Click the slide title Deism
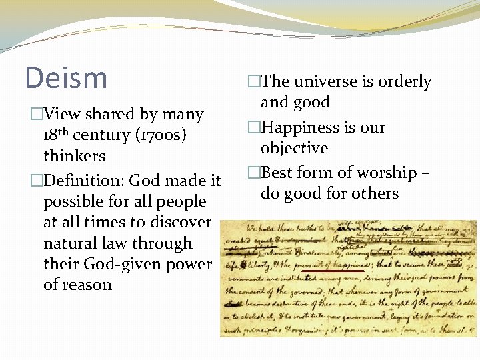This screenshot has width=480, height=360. (66, 77)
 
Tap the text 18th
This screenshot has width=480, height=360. (56, 135)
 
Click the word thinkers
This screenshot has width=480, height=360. (74, 156)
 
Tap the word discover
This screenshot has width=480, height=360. (180, 222)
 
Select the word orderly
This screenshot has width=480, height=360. (405, 82)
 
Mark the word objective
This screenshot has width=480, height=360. (294, 148)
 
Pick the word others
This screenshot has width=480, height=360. (376, 193)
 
